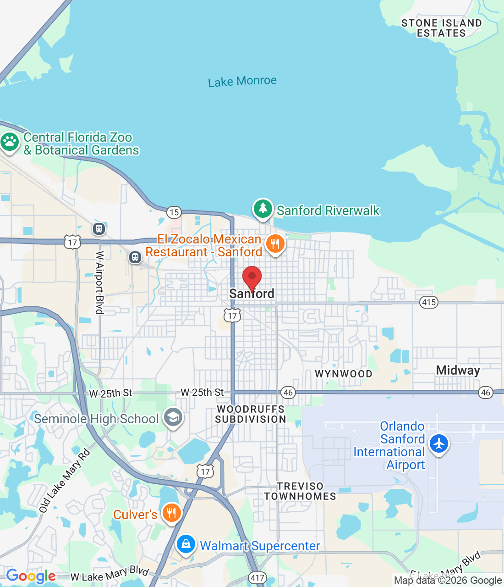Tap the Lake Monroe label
click(242, 82)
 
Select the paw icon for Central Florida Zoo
click(10, 142)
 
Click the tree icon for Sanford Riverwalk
click(263, 209)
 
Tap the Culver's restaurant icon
click(171, 513)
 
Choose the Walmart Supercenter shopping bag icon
click(186, 544)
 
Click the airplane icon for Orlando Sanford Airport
click(439, 444)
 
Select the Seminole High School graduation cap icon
click(173, 417)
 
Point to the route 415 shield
click(429, 302)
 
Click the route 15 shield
click(174, 212)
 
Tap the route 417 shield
click(257, 577)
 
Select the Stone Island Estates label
click(441, 28)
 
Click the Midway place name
click(458, 371)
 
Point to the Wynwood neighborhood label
click(344, 374)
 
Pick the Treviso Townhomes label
click(300, 491)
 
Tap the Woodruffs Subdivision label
click(251, 414)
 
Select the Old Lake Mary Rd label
click(64, 481)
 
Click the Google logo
click(31, 576)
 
